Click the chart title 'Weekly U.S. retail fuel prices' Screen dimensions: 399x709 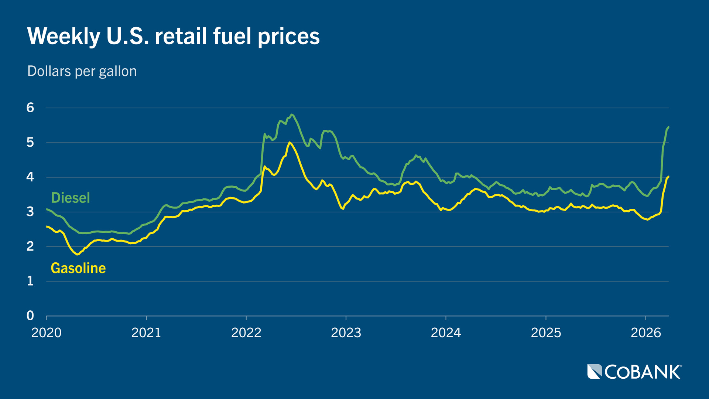(173, 36)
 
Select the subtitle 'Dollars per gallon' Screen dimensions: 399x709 (82, 71)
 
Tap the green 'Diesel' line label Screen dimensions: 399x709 (70, 198)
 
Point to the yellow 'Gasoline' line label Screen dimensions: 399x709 (78, 268)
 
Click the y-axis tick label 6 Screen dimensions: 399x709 (30, 108)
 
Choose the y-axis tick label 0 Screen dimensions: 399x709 (30, 316)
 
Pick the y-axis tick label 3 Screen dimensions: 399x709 (30, 212)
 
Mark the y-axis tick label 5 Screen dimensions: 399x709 (30, 142)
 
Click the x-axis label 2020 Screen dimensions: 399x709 (47, 333)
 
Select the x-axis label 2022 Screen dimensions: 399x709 (246, 333)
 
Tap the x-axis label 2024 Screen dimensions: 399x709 (446, 333)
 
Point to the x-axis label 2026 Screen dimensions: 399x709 (645, 333)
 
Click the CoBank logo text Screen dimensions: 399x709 (643, 372)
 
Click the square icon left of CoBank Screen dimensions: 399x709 (595, 372)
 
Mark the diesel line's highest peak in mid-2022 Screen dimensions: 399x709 (292, 115)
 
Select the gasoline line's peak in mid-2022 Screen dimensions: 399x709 (290, 142)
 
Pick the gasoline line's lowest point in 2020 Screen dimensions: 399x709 (78, 255)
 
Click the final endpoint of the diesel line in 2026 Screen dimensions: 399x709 (669, 127)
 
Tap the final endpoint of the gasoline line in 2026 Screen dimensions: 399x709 (669, 177)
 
